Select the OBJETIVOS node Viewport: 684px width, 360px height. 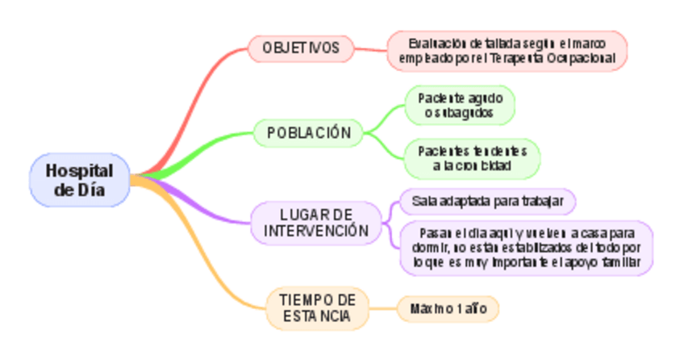pos(301,48)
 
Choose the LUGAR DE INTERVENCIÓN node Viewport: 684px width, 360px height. pos(316,224)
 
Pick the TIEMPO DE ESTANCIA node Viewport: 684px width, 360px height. pos(317,308)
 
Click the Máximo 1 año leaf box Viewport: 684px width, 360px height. pos(448,308)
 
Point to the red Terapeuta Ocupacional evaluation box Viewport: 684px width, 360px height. pos(507,50)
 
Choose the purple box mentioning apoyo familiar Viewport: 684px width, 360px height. pos(526,249)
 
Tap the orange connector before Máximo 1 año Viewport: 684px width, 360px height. pos(382,308)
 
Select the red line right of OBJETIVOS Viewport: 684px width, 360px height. pos(370,49)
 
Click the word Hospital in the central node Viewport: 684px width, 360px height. pos(79,171)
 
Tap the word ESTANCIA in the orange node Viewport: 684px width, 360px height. pos(317,316)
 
